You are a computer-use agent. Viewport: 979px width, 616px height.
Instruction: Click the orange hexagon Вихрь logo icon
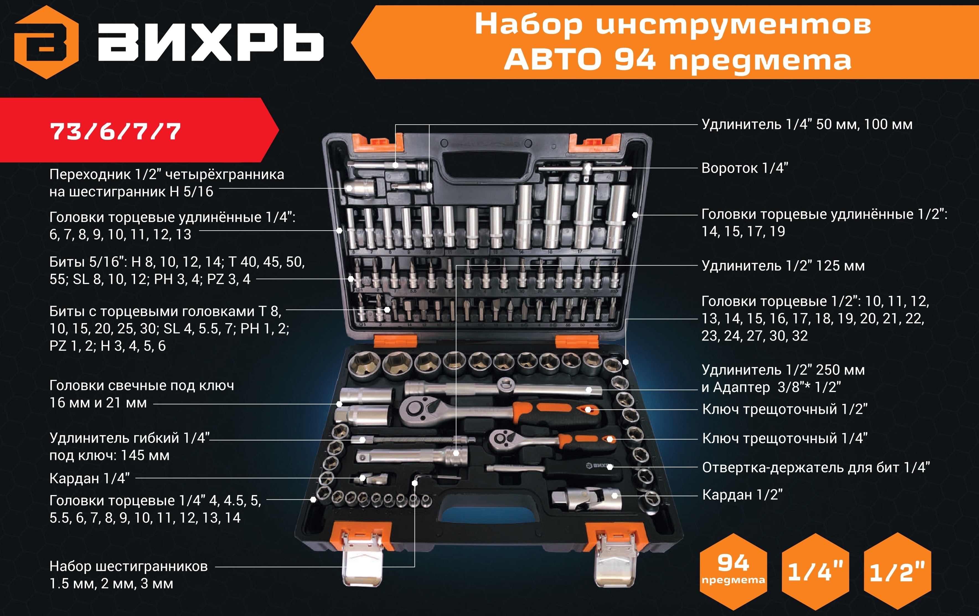point(46,42)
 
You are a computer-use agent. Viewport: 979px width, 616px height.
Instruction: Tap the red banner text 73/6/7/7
point(115,131)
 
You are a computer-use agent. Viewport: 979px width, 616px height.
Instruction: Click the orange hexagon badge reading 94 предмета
point(733,571)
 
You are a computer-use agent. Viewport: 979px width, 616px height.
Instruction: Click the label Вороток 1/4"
point(745,168)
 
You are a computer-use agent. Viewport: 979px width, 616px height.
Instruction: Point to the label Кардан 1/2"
point(742,495)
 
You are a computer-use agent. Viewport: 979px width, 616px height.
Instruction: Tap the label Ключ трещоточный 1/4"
point(785,438)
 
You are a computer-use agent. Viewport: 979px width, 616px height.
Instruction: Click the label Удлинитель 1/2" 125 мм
point(783,266)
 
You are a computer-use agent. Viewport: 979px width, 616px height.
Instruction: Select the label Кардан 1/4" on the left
point(89,478)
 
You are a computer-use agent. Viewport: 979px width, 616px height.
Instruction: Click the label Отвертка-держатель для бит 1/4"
point(816,468)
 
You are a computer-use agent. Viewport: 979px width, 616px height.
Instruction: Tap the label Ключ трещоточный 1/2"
point(785,409)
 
